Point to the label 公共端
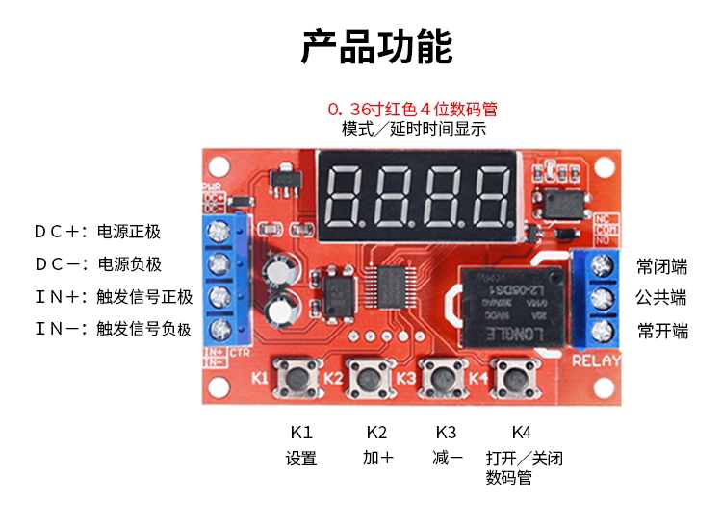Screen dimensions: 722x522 click(662, 297)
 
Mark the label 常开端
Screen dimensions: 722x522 click(662, 331)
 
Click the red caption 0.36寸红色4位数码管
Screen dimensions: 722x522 click(413, 109)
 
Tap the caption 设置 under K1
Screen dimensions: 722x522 click(301, 459)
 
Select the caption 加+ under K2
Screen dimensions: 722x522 click(377, 459)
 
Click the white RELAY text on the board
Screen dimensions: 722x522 click(596, 361)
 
